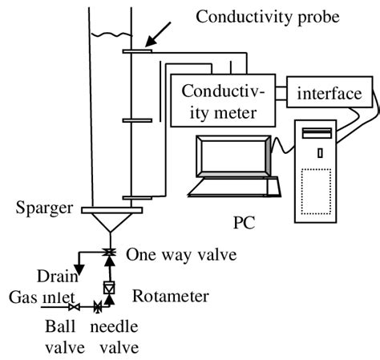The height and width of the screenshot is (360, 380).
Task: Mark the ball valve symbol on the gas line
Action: (x=74, y=307)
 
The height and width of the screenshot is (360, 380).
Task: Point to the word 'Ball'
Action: (x=62, y=328)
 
